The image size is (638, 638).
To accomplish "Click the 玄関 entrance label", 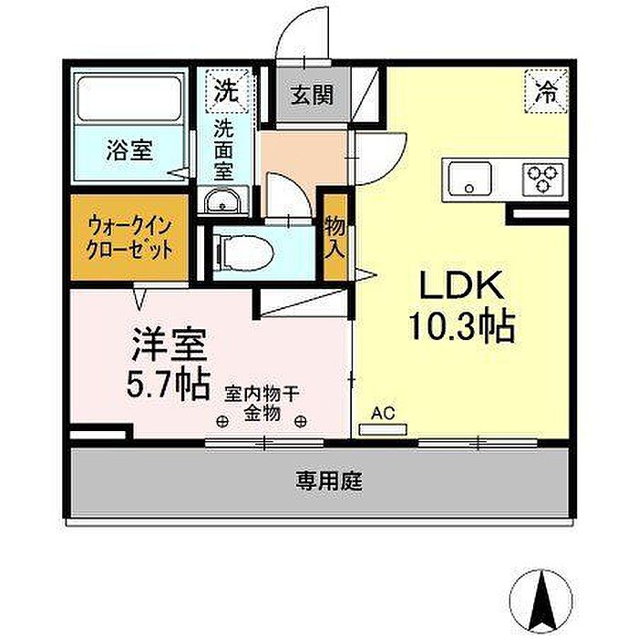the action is pos(312,95).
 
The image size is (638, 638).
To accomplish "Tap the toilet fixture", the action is pos(244,253).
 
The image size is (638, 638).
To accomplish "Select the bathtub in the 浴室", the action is pos(129,98).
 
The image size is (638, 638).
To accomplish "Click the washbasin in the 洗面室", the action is pos(222,201).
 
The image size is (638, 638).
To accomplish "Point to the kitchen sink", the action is pos(470,179).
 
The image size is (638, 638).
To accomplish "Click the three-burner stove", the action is pos(542,179).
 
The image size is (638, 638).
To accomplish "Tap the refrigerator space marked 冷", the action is pos(546,91).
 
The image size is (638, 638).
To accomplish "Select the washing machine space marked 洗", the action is pos(226,91).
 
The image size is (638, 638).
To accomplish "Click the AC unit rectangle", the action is pos(383,429).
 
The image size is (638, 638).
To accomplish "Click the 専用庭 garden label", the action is pos(329,482).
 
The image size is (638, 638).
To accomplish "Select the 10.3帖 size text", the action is pos(462,326).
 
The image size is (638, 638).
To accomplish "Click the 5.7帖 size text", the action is pos(169,385).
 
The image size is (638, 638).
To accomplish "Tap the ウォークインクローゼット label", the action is pos(129,237).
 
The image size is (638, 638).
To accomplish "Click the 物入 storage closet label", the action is pos(334,238).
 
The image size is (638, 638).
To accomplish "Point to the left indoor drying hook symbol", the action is pos(221,421).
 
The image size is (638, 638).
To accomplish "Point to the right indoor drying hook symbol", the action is pos(300,421).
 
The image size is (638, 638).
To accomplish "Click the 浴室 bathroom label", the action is pos(129,149).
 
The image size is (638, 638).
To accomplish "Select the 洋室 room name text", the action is pos(170,345).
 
